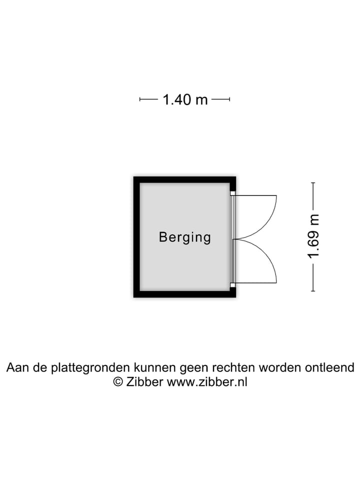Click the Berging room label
pyautogui.click(x=185, y=237)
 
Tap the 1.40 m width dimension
pyautogui.click(x=185, y=99)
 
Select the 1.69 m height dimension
pyautogui.click(x=313, y=236)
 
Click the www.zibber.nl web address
pyautogui.click(x=207, y=381)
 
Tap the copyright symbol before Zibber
pyautogui.click(x=118, y=381)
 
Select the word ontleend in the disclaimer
pyautogui.click(x=329, y=367)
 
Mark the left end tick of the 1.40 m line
pyautogui.click(x=140, y=99)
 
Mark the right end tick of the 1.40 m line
pyautogui.click(x=229, y=99)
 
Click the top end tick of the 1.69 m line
pyautogui.click(x=313, y=183)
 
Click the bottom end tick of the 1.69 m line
pyautogui.click(x=313, y=291)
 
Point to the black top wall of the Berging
pyautogui.click(x=184, y=179)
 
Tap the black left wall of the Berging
pyautogui.click(x=136, y=237)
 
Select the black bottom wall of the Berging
pyautogui.click(x=184, y=294)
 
